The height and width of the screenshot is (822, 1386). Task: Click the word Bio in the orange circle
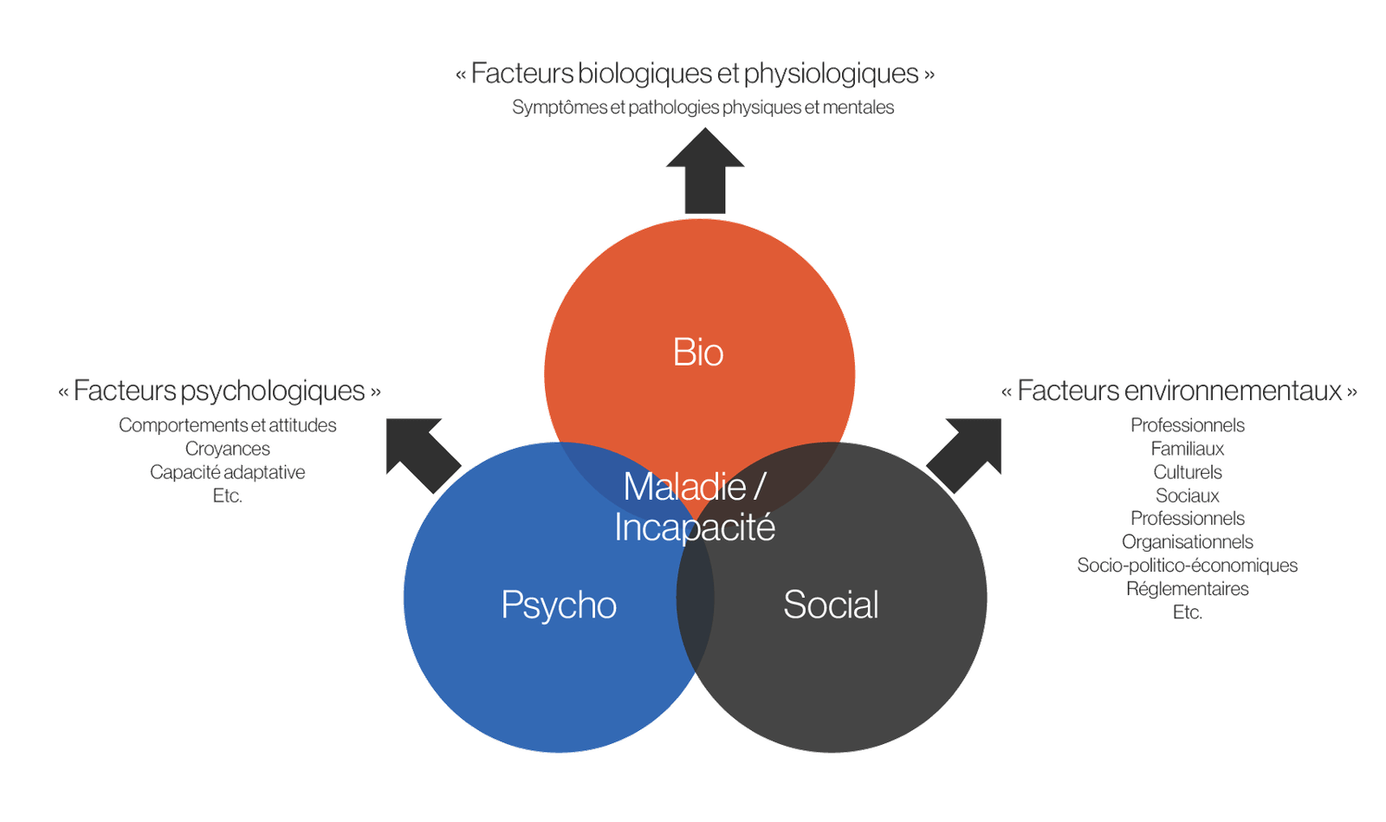pyautogui.click(x=698, y=353)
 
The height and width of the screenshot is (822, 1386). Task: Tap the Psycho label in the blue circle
pyautogui.click(x=559, y=605)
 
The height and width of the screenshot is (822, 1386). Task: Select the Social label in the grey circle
pyautogui.click(x=831, y=605)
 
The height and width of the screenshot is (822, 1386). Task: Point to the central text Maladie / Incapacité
pyautogui.click(x=694, y=507)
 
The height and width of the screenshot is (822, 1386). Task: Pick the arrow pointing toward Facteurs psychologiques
pyautogui.click(x=422, y=453)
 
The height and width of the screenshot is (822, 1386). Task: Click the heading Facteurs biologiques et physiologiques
pyautogui.click(x=696, y=74)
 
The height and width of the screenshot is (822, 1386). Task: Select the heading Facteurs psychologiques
pyautogui.click(x=220, y=392)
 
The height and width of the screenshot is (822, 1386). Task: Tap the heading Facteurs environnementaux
pyautogui.click(x=1180, y=392)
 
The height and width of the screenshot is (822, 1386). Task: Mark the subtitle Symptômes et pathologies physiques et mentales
pyautogui.click(x=703, y=107)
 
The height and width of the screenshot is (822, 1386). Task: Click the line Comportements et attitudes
pyautogui.click(x=227, y=425)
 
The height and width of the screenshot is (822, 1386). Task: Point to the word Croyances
pyautogui.click(x=228, y=449)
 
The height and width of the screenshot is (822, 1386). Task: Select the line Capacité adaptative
pyautogui.click(x=227, y=472)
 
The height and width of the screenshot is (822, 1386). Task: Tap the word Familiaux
pyautogui.click(x=1188, y=449)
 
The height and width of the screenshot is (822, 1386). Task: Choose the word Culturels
pyautogui.click(x=1188, y=472)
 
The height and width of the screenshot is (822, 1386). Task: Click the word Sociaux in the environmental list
pyautogui.click(x=1188, y=495)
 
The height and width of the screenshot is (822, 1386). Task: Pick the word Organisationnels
pyautogui.click(x=1188, y=542)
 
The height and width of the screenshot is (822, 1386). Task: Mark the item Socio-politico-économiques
pyautogui.click(x=1188, y=566)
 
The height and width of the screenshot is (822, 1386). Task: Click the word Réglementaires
pyautogui.click(x=1188, y=589)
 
